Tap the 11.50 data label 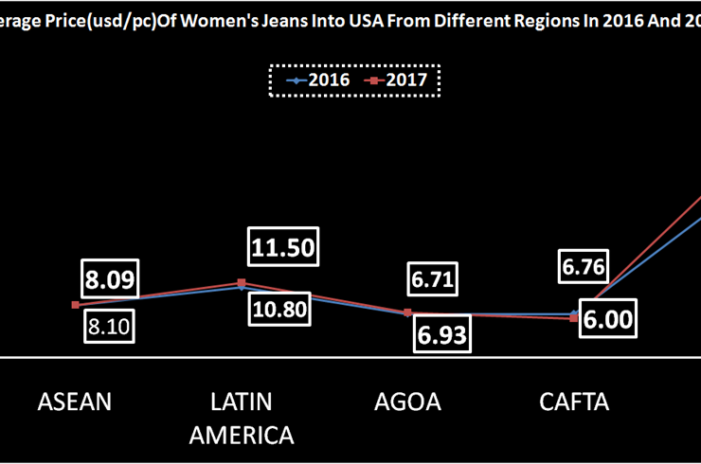click(x=282, y=248)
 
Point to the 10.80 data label click(x=281, y=309)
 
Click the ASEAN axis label click(x=75, y=402)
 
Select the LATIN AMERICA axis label click(x=242, y=418)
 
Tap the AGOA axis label click(x=408, y=402)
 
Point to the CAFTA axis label click(x=574, y=402)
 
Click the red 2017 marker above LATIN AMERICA click(x=242, y=283)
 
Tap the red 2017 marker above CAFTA click(x=574, y=319)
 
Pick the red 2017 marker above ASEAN click(x=75, y=305)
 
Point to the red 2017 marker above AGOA click(x=408, y=312)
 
